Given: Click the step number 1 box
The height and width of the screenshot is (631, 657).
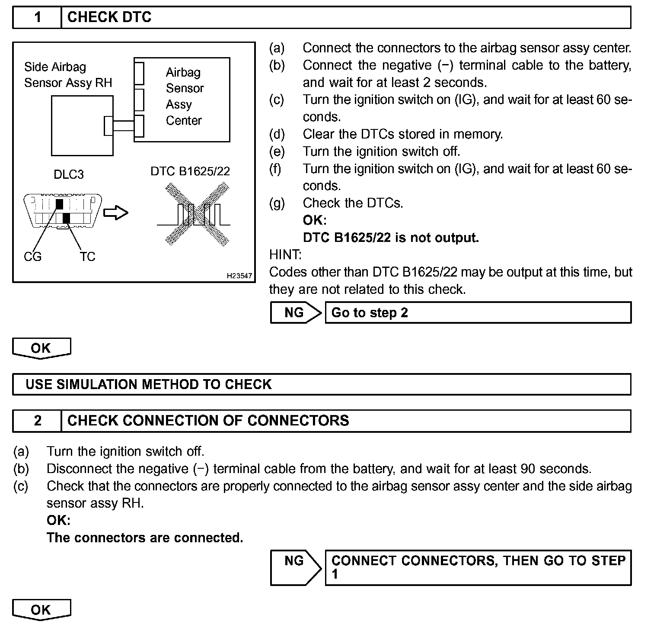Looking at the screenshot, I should coord(37,17).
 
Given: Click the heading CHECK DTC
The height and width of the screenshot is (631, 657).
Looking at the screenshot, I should coord(109,17).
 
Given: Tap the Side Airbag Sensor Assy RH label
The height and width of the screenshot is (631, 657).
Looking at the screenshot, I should coord(68,75).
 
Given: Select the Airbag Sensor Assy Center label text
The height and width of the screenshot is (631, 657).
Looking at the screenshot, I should coord(184,96).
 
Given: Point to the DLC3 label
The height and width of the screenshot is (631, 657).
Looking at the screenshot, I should coord(69,174).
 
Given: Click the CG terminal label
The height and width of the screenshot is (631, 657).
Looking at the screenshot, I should coord(33,257).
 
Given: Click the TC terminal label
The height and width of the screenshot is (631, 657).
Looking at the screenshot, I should coord(87,257).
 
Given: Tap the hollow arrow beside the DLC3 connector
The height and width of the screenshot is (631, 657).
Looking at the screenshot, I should coord(116,213).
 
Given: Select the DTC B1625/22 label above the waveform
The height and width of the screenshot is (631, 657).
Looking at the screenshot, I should coord(190,171).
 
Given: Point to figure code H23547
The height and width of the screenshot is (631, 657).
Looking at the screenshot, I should coord(239,276).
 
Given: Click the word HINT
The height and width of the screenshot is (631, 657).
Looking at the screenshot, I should coord(285,254).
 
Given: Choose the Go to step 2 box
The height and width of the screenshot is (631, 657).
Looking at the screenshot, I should coord(478,312).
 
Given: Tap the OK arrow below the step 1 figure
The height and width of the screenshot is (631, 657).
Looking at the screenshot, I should coord(41,348).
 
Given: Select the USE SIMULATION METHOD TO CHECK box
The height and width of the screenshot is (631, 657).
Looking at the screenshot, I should coord(322,384).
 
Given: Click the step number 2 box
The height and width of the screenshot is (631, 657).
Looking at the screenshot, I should coord(37,421).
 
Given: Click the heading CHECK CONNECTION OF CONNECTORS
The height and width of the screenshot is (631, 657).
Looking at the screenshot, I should coord(208,421).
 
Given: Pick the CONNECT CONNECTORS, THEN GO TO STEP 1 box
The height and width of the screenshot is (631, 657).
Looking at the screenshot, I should coord(478,567).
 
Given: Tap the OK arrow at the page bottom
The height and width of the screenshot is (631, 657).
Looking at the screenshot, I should coord(41,610).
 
